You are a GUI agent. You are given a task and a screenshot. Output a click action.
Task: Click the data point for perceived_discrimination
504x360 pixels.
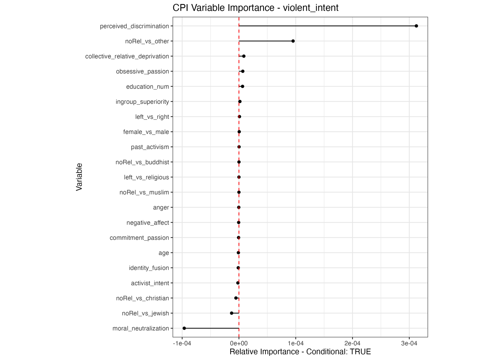416,26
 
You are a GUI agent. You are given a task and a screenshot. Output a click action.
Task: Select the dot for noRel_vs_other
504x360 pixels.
293,41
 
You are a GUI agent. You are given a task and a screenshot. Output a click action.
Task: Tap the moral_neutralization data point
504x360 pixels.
184,328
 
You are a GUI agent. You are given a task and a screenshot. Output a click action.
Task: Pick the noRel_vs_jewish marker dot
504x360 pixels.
231,313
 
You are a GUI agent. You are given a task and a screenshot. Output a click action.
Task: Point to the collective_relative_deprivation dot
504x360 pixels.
244,56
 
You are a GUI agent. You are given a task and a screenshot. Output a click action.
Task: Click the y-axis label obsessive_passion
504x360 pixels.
142,72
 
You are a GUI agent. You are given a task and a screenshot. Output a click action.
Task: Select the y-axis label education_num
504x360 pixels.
147,87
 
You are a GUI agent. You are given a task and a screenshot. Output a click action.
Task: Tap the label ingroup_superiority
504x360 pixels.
142,102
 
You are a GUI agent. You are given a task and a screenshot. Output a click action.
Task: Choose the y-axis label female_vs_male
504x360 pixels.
146,132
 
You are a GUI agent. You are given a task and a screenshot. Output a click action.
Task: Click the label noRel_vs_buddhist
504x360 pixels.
142,162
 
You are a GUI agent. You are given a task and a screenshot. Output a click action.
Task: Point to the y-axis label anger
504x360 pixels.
161,208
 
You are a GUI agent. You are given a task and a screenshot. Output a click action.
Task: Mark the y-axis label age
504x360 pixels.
163,253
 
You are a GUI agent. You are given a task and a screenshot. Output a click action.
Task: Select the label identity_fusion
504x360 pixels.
149,268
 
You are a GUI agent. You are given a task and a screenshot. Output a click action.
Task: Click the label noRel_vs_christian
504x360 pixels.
142,298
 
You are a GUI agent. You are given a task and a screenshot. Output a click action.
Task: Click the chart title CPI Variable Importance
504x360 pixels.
255,8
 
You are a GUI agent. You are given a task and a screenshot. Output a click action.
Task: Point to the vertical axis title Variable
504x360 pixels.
79,177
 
